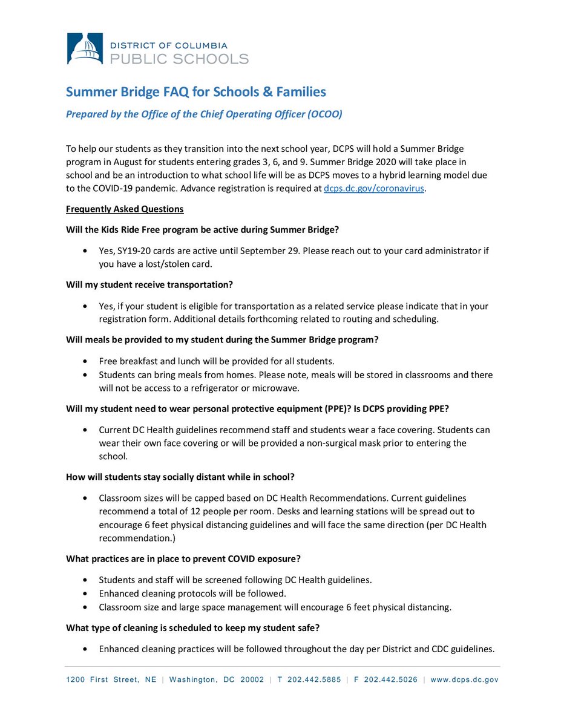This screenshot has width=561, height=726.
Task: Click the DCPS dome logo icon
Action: [x=84, y=48]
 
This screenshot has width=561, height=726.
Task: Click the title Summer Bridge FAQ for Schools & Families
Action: [x=195, y=92]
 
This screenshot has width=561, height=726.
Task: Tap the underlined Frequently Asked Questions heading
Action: [x=125, y=209]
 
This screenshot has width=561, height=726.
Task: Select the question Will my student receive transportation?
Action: [x=149, y=284]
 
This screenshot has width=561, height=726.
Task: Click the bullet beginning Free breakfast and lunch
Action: [x=217, y=361]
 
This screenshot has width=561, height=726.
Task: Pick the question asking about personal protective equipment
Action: [x=257, y=408]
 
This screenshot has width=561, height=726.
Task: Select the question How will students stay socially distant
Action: [x=180, y=477]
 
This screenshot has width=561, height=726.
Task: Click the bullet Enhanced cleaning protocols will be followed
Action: [x=192, y=593]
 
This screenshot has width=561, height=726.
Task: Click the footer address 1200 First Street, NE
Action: [x=111, y=679]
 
